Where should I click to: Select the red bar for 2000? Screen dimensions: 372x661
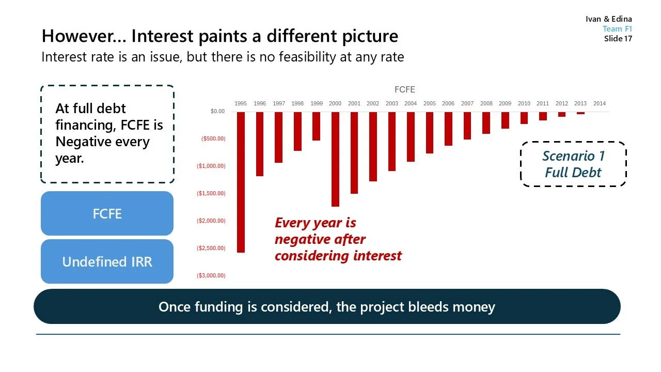point(335,159)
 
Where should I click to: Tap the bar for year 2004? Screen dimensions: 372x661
point(411,136)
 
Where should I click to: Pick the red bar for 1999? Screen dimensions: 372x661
point(316,126)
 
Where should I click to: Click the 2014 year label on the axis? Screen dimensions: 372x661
point(599,103)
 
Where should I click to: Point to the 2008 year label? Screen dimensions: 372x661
point(486,103)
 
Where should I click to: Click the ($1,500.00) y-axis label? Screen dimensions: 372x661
point(211,193)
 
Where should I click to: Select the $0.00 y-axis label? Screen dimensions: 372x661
point(217,111)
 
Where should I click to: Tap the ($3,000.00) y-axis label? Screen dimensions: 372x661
point(211,275)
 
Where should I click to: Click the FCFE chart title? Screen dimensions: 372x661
point(405,90)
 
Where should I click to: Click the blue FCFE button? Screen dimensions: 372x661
point(107,213)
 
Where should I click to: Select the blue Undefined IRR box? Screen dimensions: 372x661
point(107,261)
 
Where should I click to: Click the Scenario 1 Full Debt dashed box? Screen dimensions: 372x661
point(573,164)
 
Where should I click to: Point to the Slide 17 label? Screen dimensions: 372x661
point(618,39)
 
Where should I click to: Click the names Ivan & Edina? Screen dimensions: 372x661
point(609,19)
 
